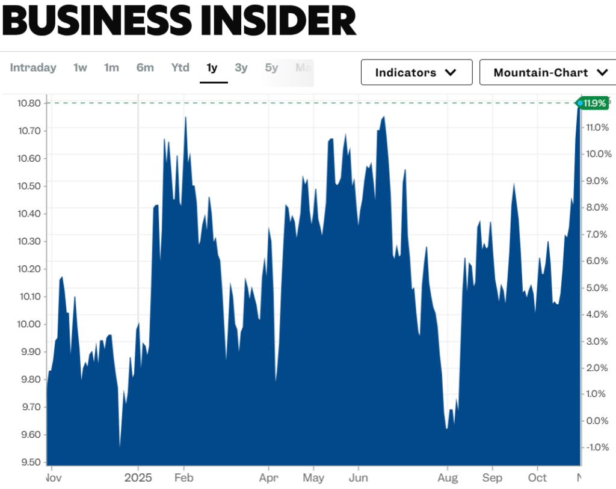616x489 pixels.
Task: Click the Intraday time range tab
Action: click(33, 68)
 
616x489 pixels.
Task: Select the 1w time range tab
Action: click(80, 68)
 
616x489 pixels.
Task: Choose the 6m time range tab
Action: click(145, 68)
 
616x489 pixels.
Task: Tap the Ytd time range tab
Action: click(180, 68)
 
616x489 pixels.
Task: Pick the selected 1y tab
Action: click(212, 68)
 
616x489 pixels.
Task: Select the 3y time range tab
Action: click(241, 68)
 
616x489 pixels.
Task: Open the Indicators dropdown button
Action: click(416, 73)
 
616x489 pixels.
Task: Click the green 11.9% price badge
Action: click(594, 103)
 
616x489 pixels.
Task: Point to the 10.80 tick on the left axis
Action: click(28, 103)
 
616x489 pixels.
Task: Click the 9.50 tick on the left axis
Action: click(28, 462)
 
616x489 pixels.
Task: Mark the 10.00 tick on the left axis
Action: click(28, 324)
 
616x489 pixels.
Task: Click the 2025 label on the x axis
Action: click(137, 478)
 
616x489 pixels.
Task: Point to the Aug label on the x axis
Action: click(448, 478)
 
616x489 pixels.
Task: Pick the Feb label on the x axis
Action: click(183, 478)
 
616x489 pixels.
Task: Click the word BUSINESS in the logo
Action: click(96, 21)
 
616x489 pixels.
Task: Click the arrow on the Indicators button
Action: click(450, 73)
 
